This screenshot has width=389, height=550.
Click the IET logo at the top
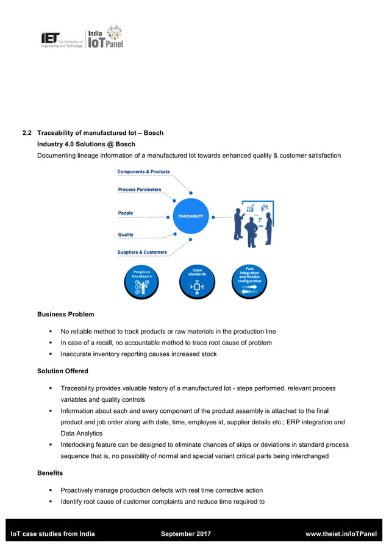point(61,40)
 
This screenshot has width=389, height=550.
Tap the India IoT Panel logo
point(105,38)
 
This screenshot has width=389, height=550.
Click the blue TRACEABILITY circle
point(191,216)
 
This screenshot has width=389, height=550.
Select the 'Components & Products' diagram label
point(143,172)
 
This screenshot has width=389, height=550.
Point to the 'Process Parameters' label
point(140,190)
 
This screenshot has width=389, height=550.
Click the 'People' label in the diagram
point(125,213)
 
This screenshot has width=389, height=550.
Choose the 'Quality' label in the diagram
point(126,235)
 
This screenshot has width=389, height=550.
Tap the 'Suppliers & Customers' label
point(142,252)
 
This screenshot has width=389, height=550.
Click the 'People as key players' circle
point(142,282)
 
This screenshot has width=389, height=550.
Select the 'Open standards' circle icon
point(197,282)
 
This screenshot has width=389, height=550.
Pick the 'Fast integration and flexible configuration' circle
point(249,282)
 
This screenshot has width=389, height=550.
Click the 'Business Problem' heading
point(66,315)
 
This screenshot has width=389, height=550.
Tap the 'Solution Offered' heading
point(63,371)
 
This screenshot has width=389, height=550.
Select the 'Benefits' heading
point(50,473)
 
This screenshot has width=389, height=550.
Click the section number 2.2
point(27,133)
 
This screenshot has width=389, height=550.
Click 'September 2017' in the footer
point(185,534)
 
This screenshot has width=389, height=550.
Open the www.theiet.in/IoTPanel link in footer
point(340,534)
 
